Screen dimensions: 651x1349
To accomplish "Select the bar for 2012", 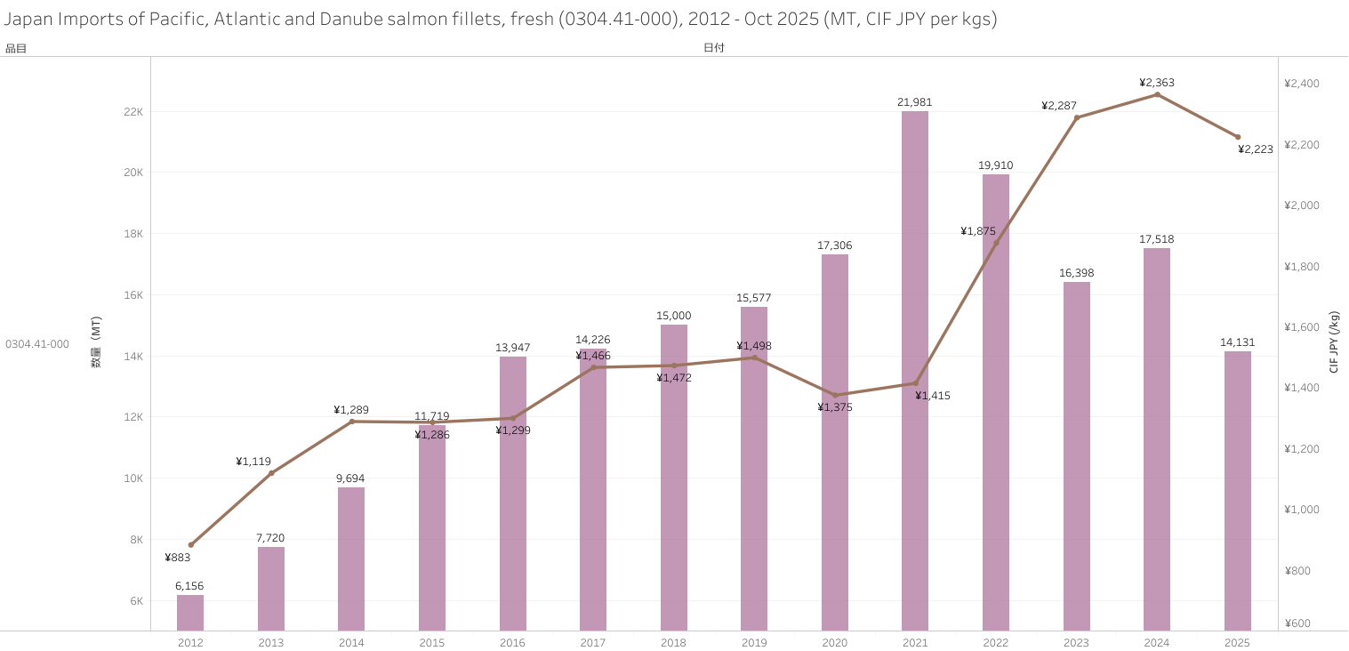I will (x=190, y=613).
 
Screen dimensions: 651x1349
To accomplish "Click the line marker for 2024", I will (x=1157, y=94).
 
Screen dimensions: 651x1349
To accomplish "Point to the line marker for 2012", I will (x=190, y=544).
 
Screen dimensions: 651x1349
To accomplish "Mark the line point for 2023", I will (x=1076, y=117).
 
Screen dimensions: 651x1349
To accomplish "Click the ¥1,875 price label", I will (x=978, y=231).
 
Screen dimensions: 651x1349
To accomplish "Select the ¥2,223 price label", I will (x=1256, y=149).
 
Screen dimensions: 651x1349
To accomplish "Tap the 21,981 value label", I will (x=915, y=102).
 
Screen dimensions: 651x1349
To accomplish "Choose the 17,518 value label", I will (x=1157, y=239).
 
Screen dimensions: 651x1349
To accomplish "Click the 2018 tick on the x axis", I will (x=673, y=642).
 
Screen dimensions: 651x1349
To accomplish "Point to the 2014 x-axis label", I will (x=351, y=642).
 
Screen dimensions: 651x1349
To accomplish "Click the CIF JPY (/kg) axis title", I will (x=1334, y=342).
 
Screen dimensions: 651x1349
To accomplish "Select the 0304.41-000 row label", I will (x=37, y=344).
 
